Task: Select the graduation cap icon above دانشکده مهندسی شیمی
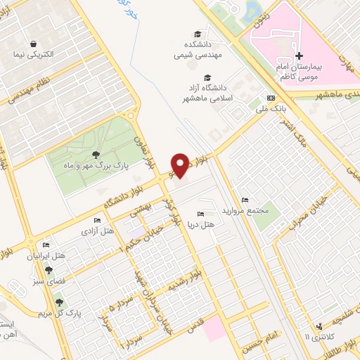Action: pyautogui.click(x=198, y=34)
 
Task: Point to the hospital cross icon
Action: pyautogui.click(x=299, y=56)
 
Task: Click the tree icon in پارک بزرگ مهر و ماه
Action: pyautogui.click(x=94, y=154)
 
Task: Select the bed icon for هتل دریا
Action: pyautogui.click(x=201, y=214)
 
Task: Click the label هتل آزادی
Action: pyautogui.click(x=98, y=231)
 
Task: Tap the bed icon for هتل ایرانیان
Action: pyautogui.click(x=46, y=245)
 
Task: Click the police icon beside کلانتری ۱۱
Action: pyautogui.click(x=320, y=326)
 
